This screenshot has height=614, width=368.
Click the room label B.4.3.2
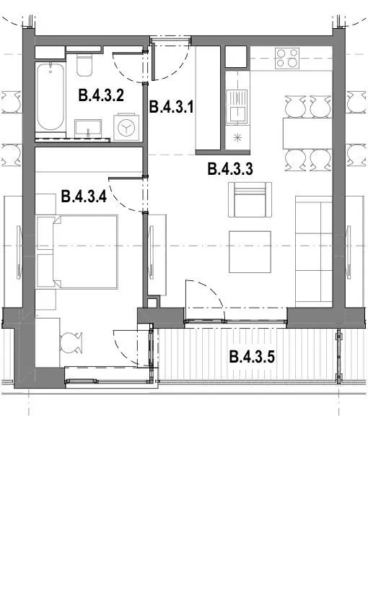[101, 95]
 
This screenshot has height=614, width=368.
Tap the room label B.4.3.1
[172, 106]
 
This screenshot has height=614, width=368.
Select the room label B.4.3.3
[230, 169]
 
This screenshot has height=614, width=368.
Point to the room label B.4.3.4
[84, 196]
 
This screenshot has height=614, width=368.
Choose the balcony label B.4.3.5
[252, 357]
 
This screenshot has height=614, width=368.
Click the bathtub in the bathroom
[50, 97]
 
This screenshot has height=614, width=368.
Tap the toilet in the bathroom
[84, 65]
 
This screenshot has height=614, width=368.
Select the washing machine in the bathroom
[126, 127]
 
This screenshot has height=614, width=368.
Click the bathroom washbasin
[88, 129]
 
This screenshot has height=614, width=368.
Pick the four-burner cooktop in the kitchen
[287, 59]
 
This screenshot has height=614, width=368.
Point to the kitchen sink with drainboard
[237, 106]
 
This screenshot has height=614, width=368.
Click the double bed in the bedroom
[77, 251]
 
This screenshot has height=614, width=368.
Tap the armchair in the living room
[250, 199]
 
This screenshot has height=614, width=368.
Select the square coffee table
[250, 252]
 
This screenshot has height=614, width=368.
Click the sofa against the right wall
[314, 251]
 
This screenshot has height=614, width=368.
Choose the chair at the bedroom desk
[71, 342]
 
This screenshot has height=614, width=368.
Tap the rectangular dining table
[307, 133]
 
